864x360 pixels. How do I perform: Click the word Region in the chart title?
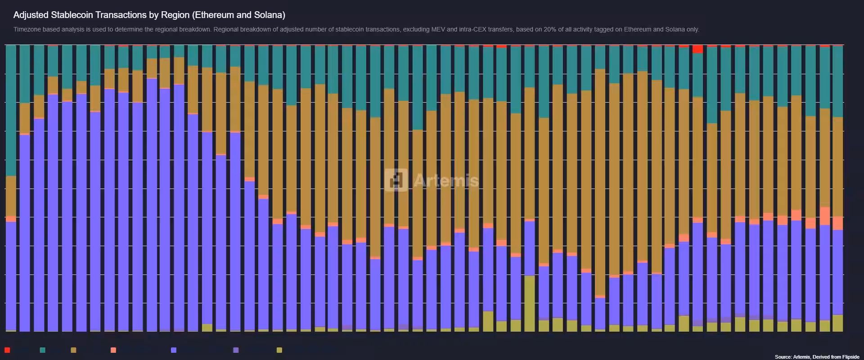pos(175,15)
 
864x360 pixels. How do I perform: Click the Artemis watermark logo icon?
pos(396,180)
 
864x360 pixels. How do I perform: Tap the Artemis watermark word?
pos(445,180)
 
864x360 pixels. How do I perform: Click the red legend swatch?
pos(7,350)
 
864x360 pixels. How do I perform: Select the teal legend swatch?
pos(43,350)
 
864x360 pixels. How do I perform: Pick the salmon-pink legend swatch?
pos(113,350)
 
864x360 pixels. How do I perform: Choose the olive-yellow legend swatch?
pos(279,350)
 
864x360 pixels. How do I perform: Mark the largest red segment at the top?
pos(698,49)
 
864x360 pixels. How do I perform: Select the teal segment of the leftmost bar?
pos(11,110)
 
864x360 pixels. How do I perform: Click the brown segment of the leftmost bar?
pos(11,196)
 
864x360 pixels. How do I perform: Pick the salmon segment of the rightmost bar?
pos(837,223)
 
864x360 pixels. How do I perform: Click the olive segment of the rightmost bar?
pos(837,323)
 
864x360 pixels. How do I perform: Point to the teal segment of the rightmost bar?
pos(837,81)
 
